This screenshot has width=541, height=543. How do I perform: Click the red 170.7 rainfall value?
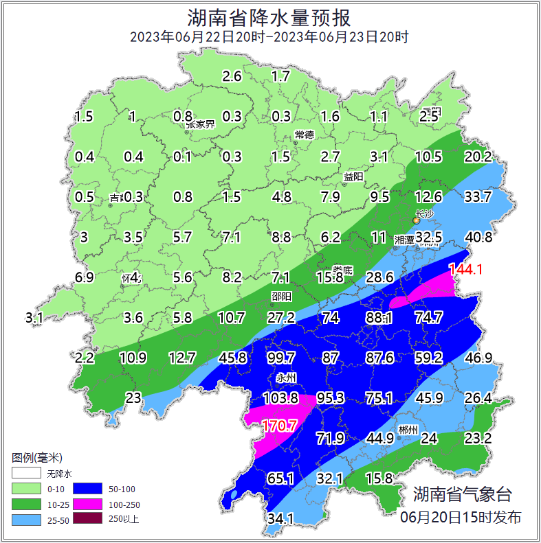click(x=279, y=426)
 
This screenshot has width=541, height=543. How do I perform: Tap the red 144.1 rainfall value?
click(x=465, y=270)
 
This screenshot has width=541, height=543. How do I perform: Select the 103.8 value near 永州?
click(x=280, y=398)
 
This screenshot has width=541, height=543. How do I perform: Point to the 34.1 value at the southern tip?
click(x=280, y=518)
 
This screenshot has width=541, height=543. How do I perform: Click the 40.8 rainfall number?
click(x=478, y=238)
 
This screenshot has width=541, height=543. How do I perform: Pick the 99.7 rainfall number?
click(x=280, y=358)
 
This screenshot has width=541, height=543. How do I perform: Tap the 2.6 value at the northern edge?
click(x=232, y=76)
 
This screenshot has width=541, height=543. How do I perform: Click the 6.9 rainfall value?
click(x=84, y=277)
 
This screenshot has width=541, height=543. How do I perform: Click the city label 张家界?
click(x=200, y=124)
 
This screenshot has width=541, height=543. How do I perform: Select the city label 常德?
click(x=304, y=134)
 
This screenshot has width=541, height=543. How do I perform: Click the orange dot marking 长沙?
click(x=416, y=220)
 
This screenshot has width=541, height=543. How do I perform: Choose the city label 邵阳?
click(x=280, y=296)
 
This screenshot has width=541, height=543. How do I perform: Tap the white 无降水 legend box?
click(x=27, y=474)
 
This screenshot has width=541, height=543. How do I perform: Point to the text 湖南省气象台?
click(x=462, y=494)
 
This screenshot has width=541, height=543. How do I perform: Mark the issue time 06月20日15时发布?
click(x=461, y=517)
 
